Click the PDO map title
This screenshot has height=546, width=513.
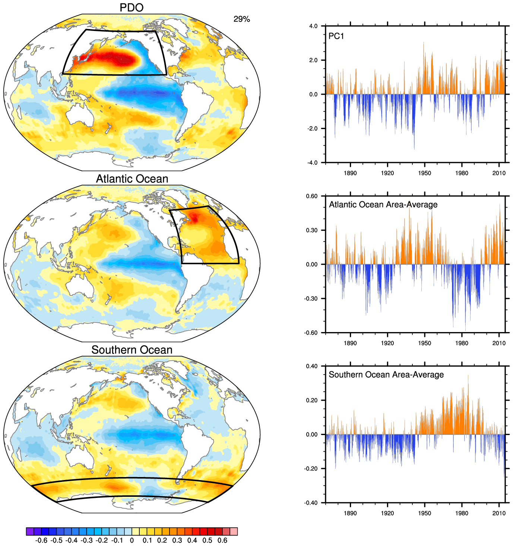tap(132, 7)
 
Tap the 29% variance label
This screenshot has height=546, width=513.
tap(242, 19)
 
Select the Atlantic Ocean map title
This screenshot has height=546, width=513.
tap(132, 179)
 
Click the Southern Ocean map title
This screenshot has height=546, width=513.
tap(132, 350)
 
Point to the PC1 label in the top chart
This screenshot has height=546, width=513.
tap(336, 36)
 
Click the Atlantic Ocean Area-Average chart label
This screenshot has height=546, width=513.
tap(383, 205)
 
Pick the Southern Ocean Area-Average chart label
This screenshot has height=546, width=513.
tap(386, 375)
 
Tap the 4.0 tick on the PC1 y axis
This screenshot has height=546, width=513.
tap(313, 26)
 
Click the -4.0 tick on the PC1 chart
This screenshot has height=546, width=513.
tap(313, 163)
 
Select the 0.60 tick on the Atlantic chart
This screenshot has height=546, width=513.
tap(312, 196)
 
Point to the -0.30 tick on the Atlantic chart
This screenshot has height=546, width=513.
tap(311, 299)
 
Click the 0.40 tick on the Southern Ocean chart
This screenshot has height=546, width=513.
tap(312, 366)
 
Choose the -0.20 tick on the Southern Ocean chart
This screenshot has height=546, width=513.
tap(311, 468)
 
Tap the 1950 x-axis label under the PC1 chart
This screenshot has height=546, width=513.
tap(424, 173)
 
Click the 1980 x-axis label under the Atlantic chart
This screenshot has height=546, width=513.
tap(462, 343)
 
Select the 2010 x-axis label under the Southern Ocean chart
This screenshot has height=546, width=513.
tap(499, 513)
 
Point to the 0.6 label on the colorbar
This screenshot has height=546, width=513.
tap(222, 540)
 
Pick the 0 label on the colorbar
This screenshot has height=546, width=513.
tap(132, 540)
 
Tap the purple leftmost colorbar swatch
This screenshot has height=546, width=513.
tap(30, 531)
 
